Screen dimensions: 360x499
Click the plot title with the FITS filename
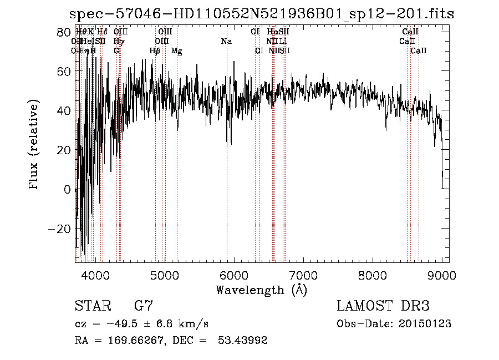pyautogui.click(x=258, y=14)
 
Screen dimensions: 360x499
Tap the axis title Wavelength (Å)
pyautogui.click(x=261, y=290)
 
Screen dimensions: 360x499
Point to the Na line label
pyautogui.click(x=226, y=42)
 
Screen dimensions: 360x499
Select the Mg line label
pyautogui.click(x=176, y=51)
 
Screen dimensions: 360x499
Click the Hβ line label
pyautogui.click(x=155, y=51)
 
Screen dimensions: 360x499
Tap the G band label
pyautogui.click(x=116, y=51)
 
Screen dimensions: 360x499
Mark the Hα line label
pyautogui.click(x=272, y=32)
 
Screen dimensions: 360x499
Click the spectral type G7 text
pyautogui.click(x=144, y=306)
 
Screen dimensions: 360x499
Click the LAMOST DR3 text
pyautogui.click(x=383, y=306)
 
